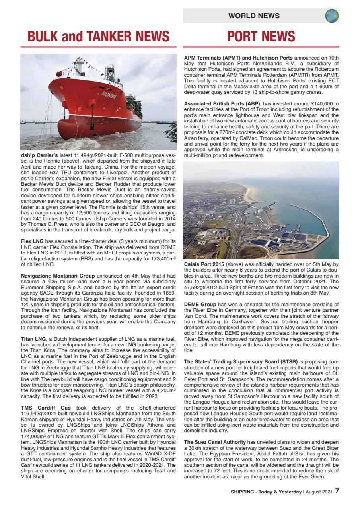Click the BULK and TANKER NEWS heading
point(98,37)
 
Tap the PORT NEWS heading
point(261,37)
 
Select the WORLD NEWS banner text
point(254,16)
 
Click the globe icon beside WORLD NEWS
point(331,16)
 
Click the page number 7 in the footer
point(337,491)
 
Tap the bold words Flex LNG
point(31,241)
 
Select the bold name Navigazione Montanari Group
point(58,276)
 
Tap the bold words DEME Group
point(200,304)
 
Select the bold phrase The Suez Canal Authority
point(215,442)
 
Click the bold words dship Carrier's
point(39,154)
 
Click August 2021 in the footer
point(319,492)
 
